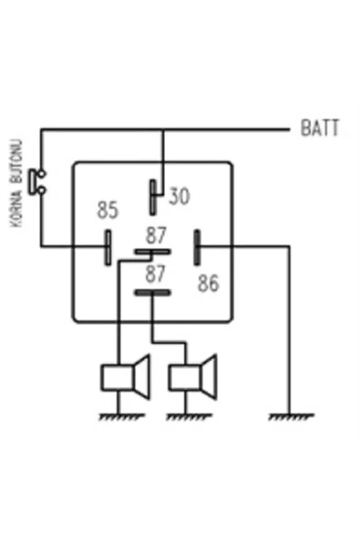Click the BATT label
tap(320, 128)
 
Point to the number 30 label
tap(179, 196)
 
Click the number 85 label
tap(108, 211)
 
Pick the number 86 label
tap(208, 284)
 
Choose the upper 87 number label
tap(156, 233)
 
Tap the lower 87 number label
tap(156, 273)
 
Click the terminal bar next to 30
tap(154, 195)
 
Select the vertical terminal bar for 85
tap(108, 245)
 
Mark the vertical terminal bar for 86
tap(198, 246)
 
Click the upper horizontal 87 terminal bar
tap(152, 252)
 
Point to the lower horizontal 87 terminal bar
tap(152, 293)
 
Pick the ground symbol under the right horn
tap(189, 417)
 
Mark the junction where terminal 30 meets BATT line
tap(163, 128)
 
